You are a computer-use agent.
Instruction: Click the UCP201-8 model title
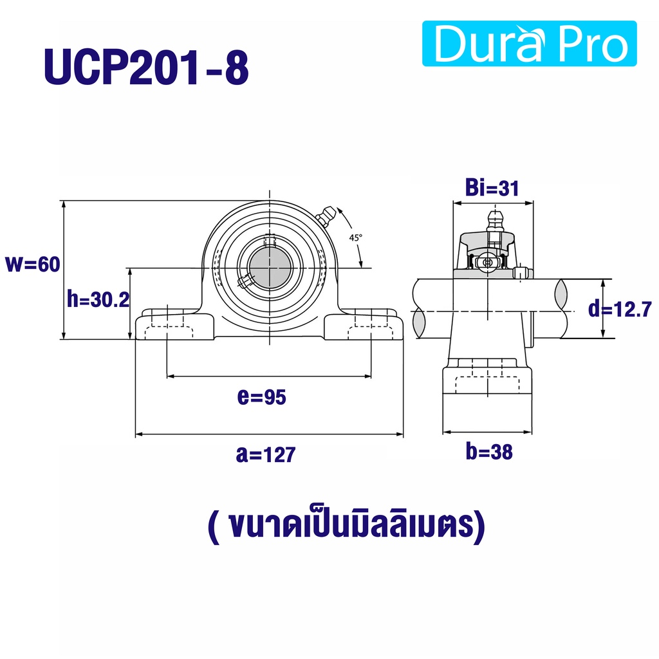point(146,68)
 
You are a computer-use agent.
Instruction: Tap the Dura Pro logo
point(529,44)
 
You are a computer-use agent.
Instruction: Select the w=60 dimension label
point(32,265)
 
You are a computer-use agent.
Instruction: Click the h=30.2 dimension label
point(98,300)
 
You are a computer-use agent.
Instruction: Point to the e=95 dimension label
point(261,396)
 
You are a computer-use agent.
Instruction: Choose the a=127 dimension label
point(266,454)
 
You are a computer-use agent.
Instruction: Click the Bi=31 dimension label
point(492,188)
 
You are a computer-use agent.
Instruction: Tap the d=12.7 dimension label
point(620,309)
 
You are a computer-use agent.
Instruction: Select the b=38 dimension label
point(489,452)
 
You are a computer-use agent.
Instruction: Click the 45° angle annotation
point(355,238)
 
